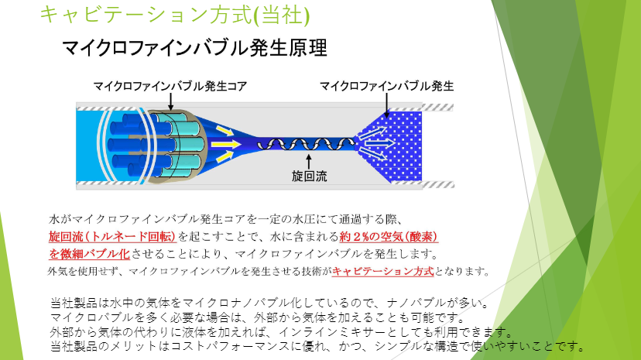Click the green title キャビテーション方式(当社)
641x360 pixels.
174,15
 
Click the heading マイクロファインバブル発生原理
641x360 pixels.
194,48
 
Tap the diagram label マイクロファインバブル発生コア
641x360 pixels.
170,86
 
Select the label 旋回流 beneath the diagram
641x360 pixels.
309,176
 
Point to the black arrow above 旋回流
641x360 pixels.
309,161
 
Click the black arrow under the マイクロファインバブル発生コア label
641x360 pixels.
170,101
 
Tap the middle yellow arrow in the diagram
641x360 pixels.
225,144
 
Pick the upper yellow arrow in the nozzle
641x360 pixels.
224,131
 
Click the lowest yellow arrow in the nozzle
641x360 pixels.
224,156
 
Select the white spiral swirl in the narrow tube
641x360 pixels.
306,144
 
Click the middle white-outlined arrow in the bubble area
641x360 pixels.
379,143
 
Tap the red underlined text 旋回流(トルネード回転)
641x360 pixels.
112,237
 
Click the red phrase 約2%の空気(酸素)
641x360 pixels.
389,237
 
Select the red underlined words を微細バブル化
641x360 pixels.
89,254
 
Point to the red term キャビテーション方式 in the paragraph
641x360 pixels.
382,271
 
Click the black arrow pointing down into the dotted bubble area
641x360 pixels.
387,105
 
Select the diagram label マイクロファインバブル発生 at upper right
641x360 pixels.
387,86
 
